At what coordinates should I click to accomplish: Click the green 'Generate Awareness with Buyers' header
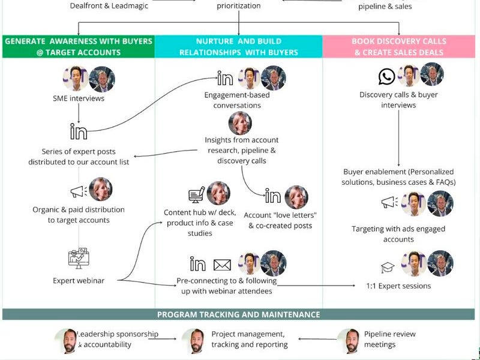click(x=79, y=47)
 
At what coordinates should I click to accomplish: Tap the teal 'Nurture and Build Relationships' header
click(x=239, y=47)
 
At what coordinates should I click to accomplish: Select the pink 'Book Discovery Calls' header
click(x=400, y=47)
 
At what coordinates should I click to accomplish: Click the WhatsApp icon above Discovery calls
click(x=387, y=76)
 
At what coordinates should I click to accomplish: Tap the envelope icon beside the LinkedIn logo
click(x=222, y=264)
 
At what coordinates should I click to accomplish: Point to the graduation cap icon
click(x=387, y=268)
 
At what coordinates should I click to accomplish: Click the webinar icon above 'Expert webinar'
click(x=79, y=259)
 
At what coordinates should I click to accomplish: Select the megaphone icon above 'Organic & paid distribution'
click(x=79, y=192)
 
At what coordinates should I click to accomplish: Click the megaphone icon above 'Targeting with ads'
click(x=389, y=203)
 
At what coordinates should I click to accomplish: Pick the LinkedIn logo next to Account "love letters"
click(x=273, y=197)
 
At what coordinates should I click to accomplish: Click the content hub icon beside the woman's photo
click(x=196, y=195)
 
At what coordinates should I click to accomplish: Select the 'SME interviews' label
click(x=79, y=98)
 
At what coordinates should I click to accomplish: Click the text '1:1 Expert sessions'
click(x=398, y=286)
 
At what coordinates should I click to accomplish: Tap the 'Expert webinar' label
click(x=79, y=281)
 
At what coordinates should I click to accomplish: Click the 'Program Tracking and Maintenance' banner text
click(x=239, y=314)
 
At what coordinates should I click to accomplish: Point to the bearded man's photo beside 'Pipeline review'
click(x=348, y=340)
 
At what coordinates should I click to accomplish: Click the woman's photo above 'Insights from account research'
click(x=240, y=124)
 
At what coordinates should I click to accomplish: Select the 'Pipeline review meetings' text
click(x=389, y=340)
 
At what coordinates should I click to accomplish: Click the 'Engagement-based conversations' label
click(x=237, y=100)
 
